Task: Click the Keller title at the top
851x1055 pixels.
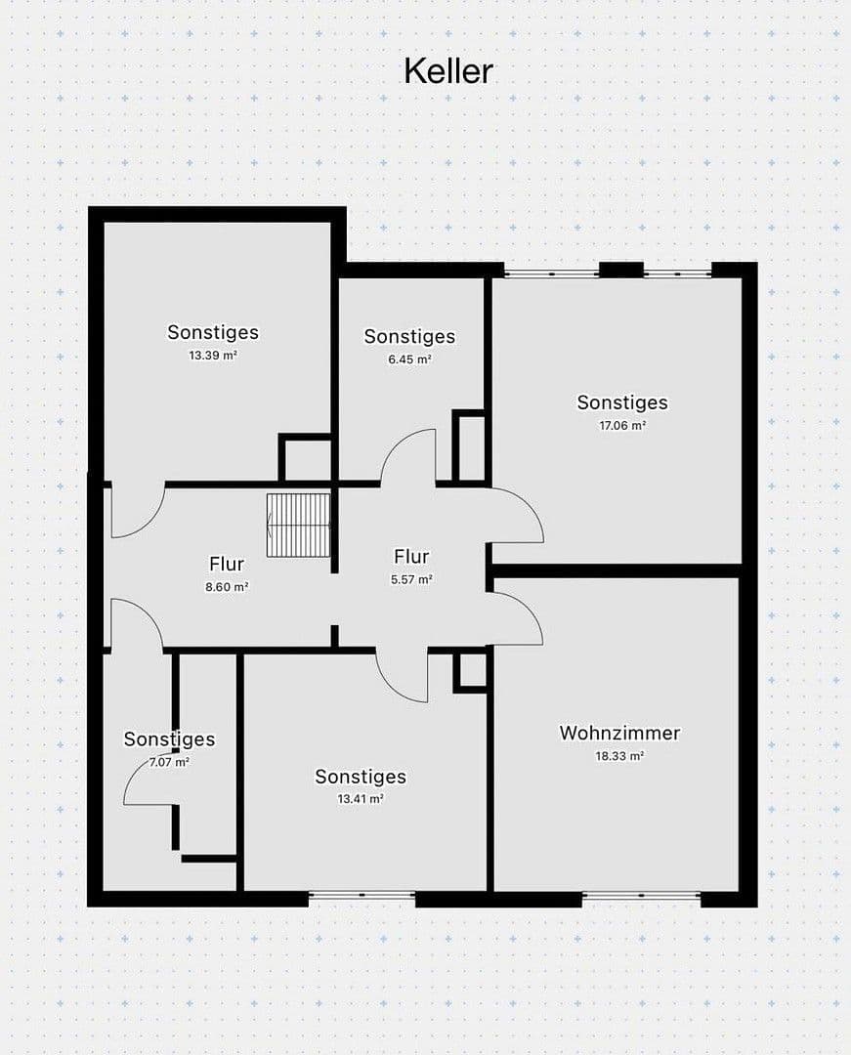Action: (x=448, y=70)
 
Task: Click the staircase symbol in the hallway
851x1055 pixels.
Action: (x=299, y=525)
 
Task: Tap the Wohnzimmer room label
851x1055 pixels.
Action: (x=619, y=733)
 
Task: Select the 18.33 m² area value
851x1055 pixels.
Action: (x=619, y=756)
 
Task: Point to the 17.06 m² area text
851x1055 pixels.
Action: (x=622, y=426)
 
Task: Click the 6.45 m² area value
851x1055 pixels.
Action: (x=410, y=359)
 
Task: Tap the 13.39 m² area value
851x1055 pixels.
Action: (x=213, y=356)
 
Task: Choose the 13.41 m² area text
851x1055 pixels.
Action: (x=361, y=799)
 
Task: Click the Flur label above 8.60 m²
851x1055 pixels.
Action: (x=227, y=564)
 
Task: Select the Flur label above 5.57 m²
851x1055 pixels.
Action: (x=411, y=557)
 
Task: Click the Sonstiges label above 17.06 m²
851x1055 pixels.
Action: (x=622, y=402)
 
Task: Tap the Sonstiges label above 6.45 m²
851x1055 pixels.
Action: (x=409, y=336)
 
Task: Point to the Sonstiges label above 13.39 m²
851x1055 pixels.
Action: (x=213, y=332)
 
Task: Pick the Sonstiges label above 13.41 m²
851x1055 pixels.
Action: (x=361, y=777)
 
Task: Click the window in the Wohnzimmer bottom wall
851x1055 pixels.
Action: (x=641, y=895)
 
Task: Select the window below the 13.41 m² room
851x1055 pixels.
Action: (x=362, y=894)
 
